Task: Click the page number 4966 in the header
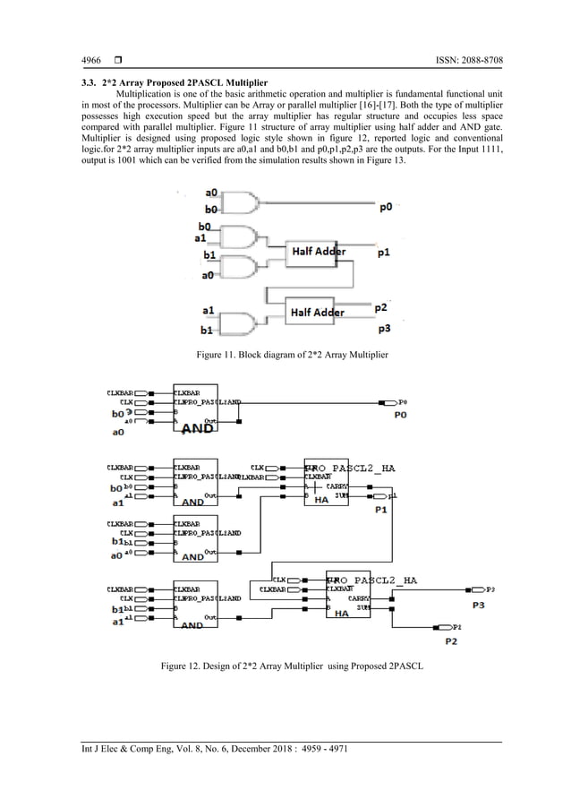coord(90,61)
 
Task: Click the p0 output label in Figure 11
coord(385,207)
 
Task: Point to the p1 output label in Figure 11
coord(383,254)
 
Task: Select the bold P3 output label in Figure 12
coord(479,605)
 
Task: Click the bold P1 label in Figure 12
coord(380,510)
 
